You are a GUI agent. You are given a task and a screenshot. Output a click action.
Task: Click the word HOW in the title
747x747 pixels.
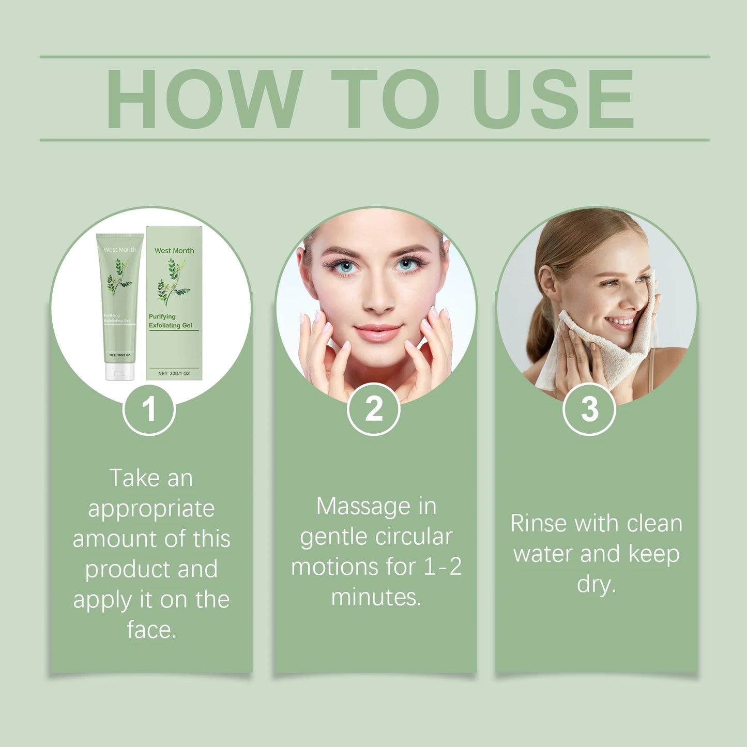pyautogui.click(x=204, y=99)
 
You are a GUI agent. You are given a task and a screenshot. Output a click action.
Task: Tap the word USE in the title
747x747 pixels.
pyautogui.click(x=553, y=99)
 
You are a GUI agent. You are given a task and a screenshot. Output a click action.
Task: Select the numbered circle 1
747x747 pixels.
pyautogui.click(x=149, y=409)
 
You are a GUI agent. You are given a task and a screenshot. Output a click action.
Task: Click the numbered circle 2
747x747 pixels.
pyautogui.click(x=373, y=409)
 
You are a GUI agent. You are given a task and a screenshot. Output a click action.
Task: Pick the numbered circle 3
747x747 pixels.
pyautogui.click(x=589, y=409)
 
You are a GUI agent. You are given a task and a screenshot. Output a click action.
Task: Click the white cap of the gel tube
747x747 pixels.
pyautogui.click(x=119, y=372)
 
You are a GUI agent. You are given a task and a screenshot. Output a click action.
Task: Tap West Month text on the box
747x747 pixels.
pyautogui.click(x=174, y=251)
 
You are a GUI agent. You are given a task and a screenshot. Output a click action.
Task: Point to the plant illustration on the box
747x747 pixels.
pyautogui.click(x=172, y=282)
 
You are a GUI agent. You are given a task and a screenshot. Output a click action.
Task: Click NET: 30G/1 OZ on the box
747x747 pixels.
pyautogui.click(x=174, y=373)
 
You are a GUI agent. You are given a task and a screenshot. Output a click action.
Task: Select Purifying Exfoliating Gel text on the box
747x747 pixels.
pyautogui.click(x=170, y=321)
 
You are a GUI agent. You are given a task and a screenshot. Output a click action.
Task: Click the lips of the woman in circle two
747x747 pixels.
pyautogui.click(x=377, y=332)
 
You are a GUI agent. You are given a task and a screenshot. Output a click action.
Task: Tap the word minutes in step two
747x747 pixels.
pyautogui.click(x=376, y=598)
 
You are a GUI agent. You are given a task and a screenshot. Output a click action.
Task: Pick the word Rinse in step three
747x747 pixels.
pyautogui.click(x=538, y=523)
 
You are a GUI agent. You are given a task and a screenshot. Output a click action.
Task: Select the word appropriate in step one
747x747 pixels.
pyautogui.click(x=151, y=509)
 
